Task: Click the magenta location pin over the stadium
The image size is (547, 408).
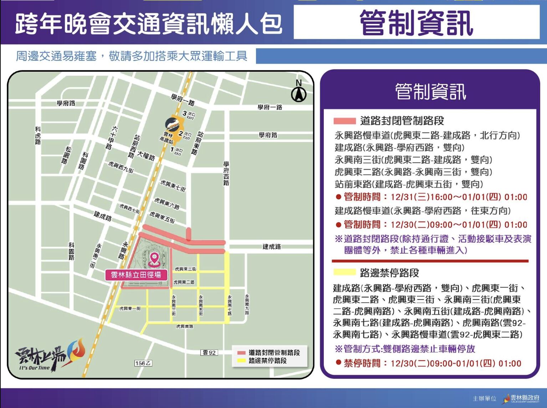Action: coord(154,259)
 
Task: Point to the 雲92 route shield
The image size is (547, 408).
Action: coord(209,352)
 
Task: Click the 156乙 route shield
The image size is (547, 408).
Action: coord(143,363)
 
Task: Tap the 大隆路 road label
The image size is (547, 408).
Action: coord(146,156)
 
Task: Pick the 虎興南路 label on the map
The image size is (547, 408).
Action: coord(185,326)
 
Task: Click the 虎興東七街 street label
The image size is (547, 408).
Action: coord(173,185)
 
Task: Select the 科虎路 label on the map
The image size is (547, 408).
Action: coord(38,136)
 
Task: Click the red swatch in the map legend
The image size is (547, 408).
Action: coord(241,353)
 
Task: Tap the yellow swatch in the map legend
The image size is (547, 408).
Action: coord(241,361)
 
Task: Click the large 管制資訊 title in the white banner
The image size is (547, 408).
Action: coord(416,22)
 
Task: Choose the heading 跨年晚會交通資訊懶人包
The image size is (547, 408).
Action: coord(148,24)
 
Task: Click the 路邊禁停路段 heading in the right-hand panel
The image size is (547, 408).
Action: coord(389,273)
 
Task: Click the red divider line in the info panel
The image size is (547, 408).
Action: coord(430,261)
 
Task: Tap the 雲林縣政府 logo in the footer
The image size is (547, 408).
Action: coord(521,398)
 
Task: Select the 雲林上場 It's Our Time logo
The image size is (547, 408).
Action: coord(50,355)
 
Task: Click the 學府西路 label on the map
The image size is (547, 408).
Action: coord(226,173)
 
